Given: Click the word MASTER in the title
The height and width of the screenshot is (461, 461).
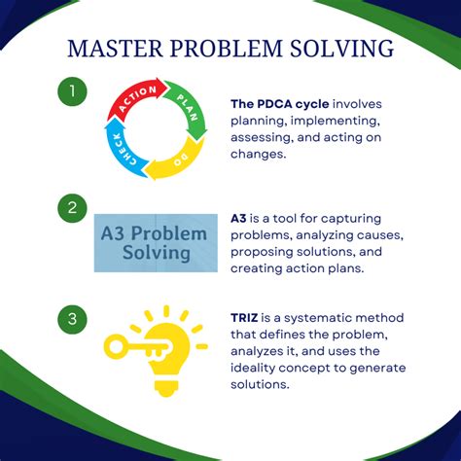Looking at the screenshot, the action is [x=115, y=49].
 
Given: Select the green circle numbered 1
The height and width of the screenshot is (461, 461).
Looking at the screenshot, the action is [x=72, y=91].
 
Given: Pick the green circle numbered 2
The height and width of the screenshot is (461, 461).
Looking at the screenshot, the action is [x=72, y=208].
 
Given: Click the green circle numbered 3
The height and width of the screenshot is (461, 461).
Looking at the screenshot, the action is [x=72, y=319].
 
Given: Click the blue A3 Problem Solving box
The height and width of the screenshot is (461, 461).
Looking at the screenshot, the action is [x=156, y=243].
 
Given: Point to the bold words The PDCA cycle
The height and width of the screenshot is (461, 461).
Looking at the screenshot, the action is [x=280, y=104].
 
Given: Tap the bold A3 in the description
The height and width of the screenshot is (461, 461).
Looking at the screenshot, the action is [x=238, y=218].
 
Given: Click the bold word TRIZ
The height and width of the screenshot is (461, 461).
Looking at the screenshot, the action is [x=244, y=317].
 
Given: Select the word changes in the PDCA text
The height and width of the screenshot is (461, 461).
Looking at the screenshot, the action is [x=259, y=154].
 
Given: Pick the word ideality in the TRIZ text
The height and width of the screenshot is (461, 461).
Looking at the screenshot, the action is [x=253, y=368].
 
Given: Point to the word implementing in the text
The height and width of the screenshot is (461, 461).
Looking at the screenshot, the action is [x=336, y=121].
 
